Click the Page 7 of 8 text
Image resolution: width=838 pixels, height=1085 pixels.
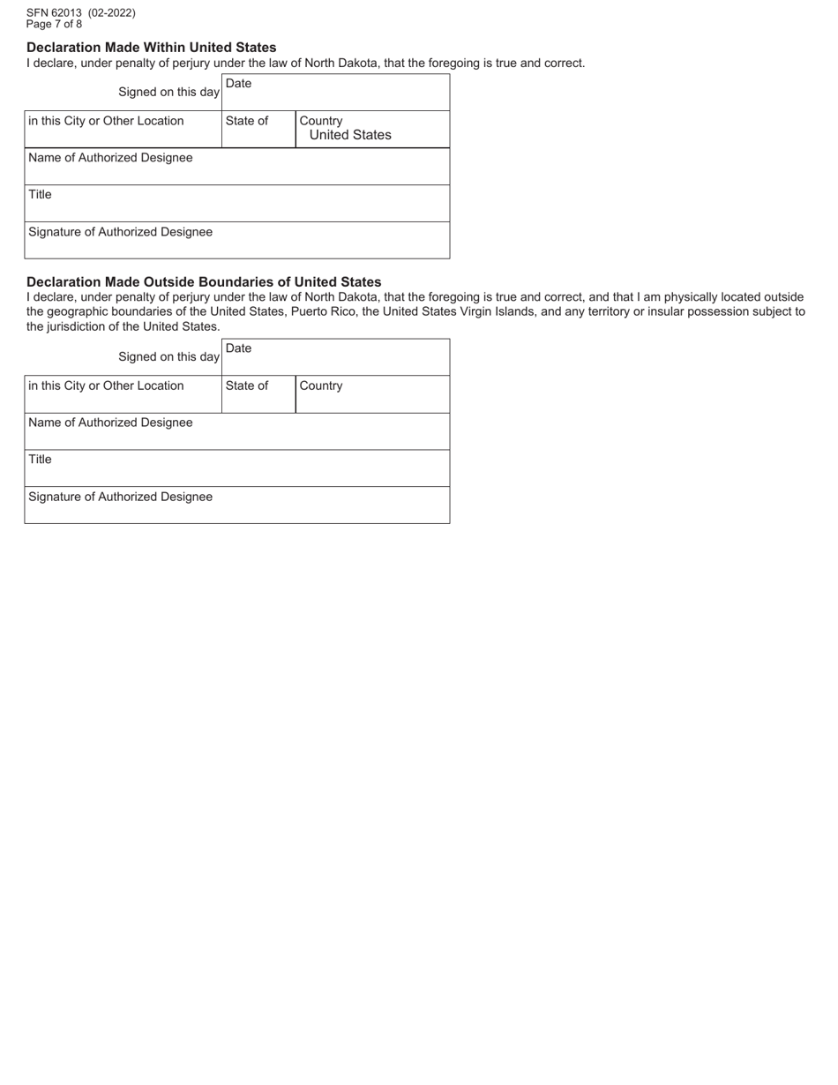click(54, 24)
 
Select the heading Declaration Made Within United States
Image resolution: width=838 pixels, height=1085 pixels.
click(151, 48)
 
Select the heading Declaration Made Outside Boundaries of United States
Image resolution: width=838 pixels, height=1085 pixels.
click(204, 282)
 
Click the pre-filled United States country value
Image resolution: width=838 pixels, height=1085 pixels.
click(350, 135)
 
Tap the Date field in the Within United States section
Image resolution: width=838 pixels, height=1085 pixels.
click(335, 93)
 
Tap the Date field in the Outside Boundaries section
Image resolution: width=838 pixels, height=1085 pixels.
click(335, 357)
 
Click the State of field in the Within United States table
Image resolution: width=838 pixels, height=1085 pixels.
click(258, 131)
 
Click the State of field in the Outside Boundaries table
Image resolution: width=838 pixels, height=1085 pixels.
click(258, 395)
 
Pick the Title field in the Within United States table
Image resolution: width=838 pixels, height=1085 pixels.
click(236, 204)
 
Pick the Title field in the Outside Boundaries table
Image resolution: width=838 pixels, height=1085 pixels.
click(236, 468)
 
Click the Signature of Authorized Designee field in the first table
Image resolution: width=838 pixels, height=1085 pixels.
click(236, 241)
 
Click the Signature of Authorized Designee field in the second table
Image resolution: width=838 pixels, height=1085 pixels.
click(236, 505)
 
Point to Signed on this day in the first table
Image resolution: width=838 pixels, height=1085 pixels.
click(168, 93)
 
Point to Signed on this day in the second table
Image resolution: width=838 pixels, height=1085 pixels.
click(168, 357)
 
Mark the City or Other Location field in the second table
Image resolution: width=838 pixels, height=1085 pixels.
click(123, 395)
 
